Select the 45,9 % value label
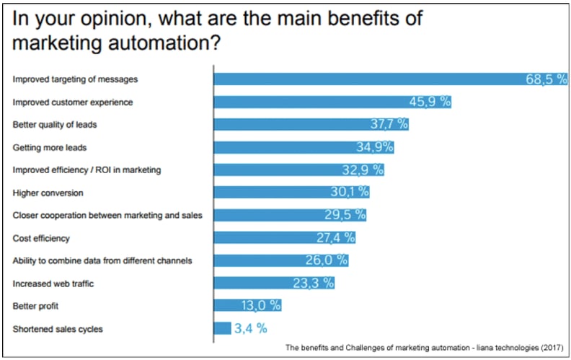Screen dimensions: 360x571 [x=430, y=102]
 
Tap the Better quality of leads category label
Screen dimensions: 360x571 [x=55, y=124]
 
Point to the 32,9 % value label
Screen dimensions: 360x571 [x=362, y=170]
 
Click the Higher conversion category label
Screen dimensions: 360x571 [x=48, y=193]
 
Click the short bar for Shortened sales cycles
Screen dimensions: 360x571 [x=222, y=328]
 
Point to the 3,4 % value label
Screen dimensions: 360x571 [x=250, y=328]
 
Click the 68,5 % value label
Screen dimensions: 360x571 [x=546, y=79]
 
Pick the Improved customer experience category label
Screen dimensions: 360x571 [x=73, y=102]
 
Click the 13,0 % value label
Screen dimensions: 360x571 [x=261, y=305]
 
